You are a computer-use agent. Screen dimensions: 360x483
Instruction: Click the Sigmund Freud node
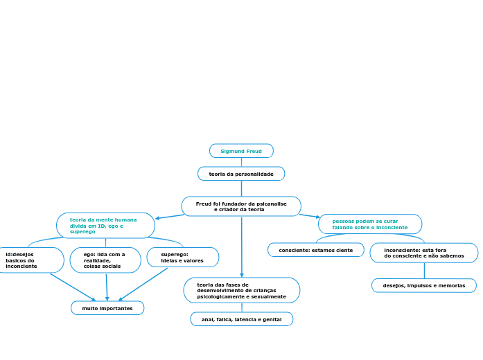point(241,151)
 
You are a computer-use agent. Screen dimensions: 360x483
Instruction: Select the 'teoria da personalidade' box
point(241,174)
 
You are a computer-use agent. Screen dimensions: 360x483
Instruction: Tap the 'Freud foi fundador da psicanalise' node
point(241,206)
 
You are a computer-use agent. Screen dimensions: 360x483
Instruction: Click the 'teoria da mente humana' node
point(105,226)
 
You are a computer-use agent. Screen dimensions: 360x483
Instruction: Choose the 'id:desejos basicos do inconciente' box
point(30,260)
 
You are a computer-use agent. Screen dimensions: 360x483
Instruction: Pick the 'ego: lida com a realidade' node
point(105,260)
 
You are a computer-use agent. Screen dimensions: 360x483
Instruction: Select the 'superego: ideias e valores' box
point(183,258)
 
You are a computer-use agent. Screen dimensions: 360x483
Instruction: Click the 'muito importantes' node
point(107,308)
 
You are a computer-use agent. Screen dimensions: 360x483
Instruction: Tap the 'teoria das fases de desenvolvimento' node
point(241,291)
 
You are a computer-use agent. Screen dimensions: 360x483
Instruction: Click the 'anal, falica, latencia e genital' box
point(241,319)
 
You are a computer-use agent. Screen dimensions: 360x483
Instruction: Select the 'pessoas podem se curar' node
point(370,224)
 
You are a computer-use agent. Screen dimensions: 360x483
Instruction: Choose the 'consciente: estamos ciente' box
point(316,250)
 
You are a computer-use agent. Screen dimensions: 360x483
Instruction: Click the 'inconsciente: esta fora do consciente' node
point(424,253)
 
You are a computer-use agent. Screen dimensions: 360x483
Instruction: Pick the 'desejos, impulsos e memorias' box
point(424,285)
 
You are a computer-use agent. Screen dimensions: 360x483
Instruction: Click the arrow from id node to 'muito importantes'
point(73,287)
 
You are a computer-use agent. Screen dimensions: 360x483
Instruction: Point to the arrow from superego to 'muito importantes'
point(143,285)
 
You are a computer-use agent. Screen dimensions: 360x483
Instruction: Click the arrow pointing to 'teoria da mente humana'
point(170,217)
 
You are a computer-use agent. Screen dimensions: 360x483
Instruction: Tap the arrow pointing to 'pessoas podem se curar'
point(310,216)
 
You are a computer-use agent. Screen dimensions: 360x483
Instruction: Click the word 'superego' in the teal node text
point(82,232)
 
